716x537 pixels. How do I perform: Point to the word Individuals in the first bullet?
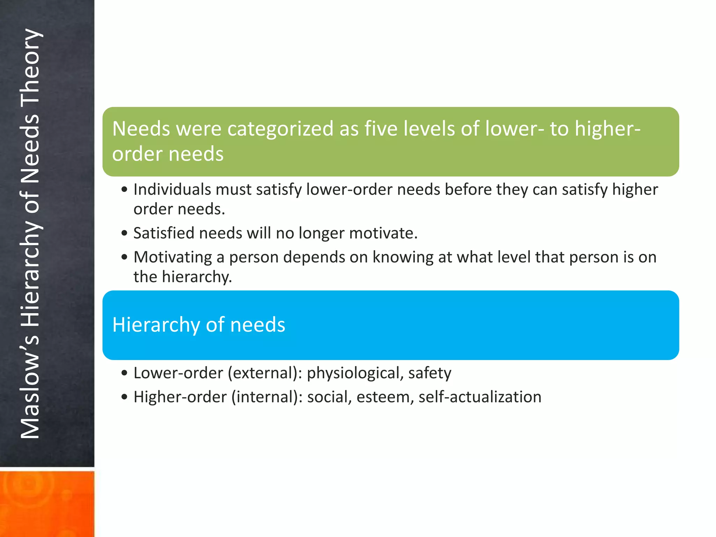pos(172,190)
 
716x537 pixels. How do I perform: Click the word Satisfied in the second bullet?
pos(164,233)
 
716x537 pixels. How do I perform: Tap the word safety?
pos(430,373)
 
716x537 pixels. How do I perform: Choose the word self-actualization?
pos(480,397)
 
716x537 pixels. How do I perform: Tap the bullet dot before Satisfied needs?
pos(124,234)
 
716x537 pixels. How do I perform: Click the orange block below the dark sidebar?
pos(47,503)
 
